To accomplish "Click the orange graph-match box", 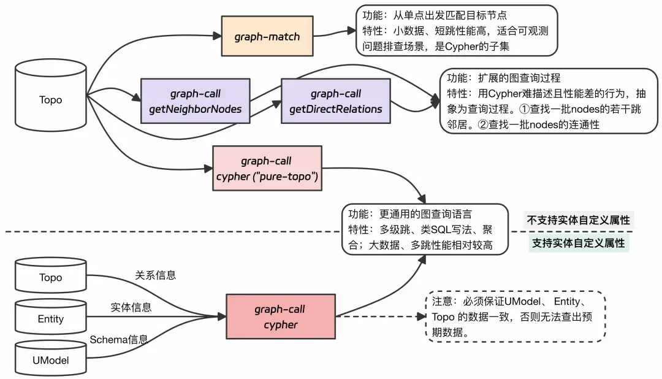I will (x=267, y=36).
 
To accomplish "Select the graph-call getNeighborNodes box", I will (x=195, y=102).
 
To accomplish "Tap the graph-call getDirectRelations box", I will (x=335, y=102).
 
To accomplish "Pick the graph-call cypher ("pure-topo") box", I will (x=267, y=169).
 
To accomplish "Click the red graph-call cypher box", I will (x=281, y=317).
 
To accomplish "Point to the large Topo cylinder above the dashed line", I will (x=50, y=99).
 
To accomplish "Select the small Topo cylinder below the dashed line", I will (x=50, y=277).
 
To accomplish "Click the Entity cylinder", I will (x=50, y=319).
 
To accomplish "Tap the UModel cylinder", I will (x=50, y=360).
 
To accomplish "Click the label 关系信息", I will (x=155, y=275).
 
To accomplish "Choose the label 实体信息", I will (x=131, y=307).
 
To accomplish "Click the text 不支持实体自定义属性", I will (x=579, y=220).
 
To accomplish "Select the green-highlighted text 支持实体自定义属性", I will (x=579, y=243).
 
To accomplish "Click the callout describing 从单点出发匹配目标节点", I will (x=457, y=30).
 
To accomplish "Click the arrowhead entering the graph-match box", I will (x=217, y=36).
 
